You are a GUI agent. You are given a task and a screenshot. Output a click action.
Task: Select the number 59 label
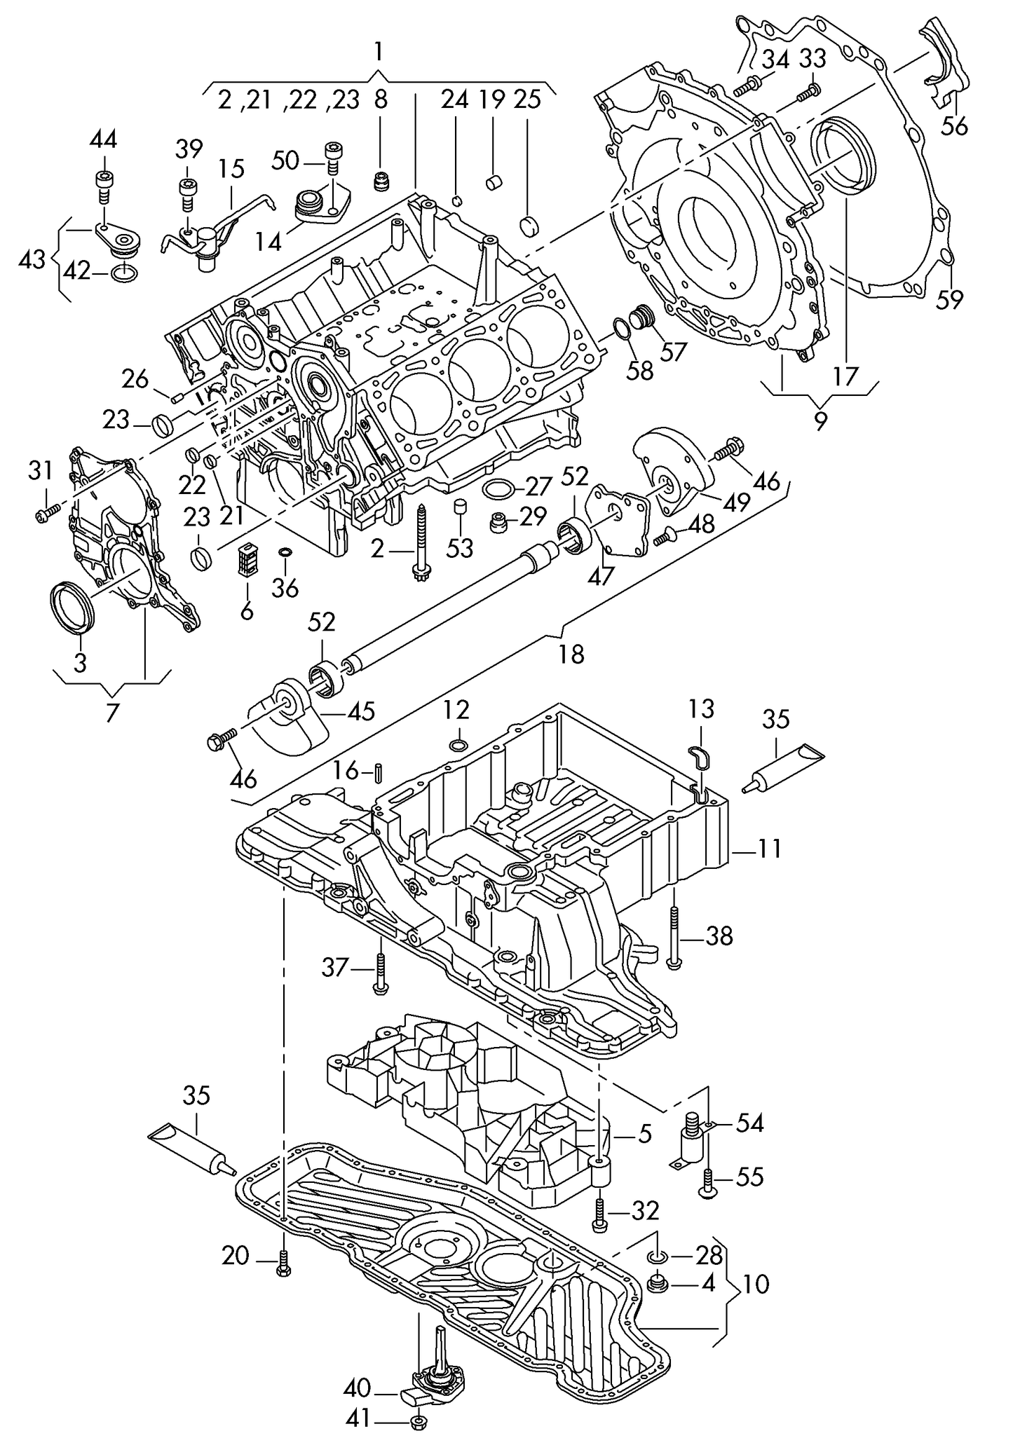(950, 300)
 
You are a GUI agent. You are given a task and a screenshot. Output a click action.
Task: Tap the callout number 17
(845, 376)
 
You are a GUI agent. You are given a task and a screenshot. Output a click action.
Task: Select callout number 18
(571, 655)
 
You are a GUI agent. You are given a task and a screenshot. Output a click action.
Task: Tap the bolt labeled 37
(379, 971)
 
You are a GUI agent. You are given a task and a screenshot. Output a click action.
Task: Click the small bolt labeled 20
(283, 1262)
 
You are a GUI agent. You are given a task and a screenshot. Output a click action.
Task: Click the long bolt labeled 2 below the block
(422, 547)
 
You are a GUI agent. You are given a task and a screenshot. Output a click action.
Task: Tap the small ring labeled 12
(458, 744)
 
